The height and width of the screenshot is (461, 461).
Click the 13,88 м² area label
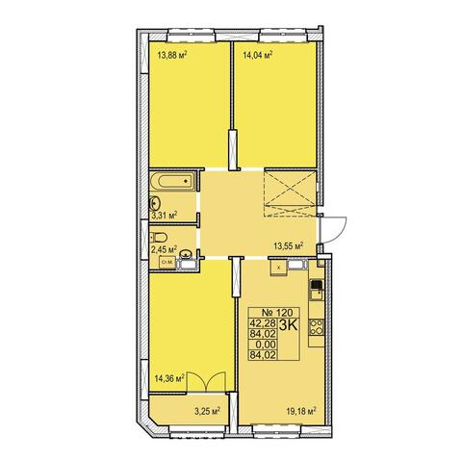(x=172, y=55)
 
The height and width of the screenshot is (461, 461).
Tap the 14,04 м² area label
(x=258, y=55)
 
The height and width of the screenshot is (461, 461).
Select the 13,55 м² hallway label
(x=289, y=246)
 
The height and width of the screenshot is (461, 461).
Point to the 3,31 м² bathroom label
(x=165, y=215)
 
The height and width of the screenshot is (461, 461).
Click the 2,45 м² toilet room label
(x=165, y=248)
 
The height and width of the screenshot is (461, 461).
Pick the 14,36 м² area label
(x=169, y=378)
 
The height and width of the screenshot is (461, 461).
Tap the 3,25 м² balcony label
(x=207, y=411)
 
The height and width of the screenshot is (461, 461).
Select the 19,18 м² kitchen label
(x=301, y=411)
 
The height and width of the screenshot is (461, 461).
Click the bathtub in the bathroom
(x=172, y=181)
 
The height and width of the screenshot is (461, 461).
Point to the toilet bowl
(x=159, y=237)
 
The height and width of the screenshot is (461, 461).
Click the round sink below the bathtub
(x=155, y=203)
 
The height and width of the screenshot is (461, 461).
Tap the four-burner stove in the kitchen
(x=317, y=327)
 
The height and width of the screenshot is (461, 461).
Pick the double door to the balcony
(x=207, y=382)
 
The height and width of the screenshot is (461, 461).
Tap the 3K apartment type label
(x=289, y=325)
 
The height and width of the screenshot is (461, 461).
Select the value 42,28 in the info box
(x=263, y=323)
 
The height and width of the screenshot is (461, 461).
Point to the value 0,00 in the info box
(x=265, y=345)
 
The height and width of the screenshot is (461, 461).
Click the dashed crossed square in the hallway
(x=290, y=193)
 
